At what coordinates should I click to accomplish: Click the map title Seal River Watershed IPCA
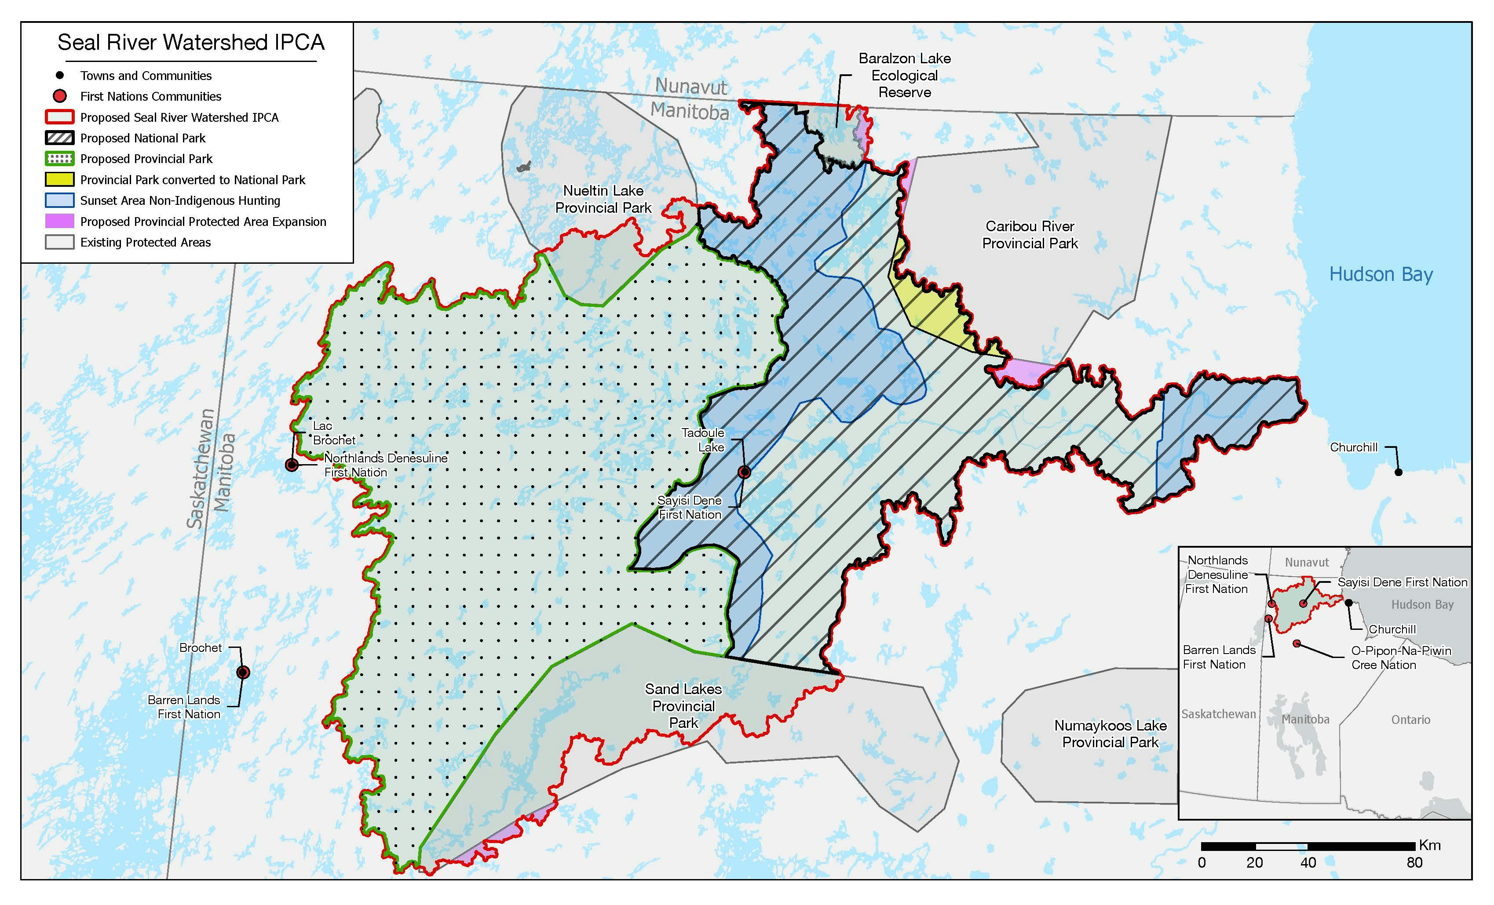pos(191,43)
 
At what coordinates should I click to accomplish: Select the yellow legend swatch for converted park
pos(59,179)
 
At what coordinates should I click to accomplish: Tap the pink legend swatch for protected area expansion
pos(59,221)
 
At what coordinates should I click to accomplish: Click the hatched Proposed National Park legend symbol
pos(59,138)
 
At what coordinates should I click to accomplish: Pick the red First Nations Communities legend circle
pos(59,96)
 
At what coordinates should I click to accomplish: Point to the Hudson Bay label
pos(1381,275)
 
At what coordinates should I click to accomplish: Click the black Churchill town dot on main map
pos(1398,472)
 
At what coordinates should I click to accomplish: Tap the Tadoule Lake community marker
pos(744,472)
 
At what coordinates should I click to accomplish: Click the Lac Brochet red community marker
pos(292,465)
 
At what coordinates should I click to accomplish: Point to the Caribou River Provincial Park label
pos(1030,235)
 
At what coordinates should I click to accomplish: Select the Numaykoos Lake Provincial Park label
pos(1110,734)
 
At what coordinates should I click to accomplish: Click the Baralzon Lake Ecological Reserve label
pos(905,75)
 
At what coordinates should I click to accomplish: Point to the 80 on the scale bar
pos(1414,862)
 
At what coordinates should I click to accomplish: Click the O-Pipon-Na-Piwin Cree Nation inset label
pos(1401,658)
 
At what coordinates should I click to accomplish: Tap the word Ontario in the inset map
pos(1410,720)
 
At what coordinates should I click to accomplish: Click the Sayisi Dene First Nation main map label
pos(690,507)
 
